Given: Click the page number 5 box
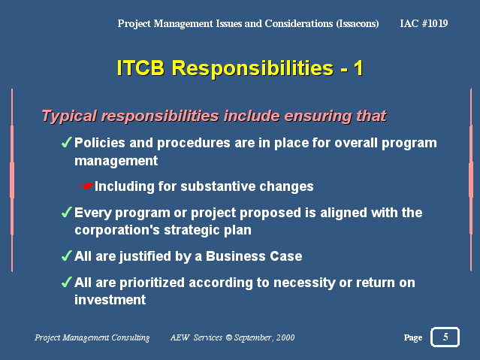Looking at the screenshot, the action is (x=445, y=337).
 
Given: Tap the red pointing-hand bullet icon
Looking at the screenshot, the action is (x=88, y=186).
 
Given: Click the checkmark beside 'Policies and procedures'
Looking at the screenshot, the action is (x=66, y=143).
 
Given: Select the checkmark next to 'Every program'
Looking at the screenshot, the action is (x=66, y=212).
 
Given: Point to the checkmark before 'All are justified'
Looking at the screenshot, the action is (x=66, y=256).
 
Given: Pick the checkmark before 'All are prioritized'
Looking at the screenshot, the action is (x=66, y=282).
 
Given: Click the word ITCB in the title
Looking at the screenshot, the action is (x=140, y=68).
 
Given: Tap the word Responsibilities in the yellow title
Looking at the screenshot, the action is (x=252, y=68).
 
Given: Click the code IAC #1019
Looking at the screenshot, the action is (x=424, y=23).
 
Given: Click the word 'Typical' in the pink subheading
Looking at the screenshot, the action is (x=69, y=116).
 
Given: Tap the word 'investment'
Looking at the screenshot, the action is (x=110, y=299).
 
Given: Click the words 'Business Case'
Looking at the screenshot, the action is (x=254, y=256).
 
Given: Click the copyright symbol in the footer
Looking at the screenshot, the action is (x=228, y=337).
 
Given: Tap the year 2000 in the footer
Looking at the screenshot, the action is (x=285, y=337).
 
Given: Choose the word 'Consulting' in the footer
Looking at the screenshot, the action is (x=131, y=337).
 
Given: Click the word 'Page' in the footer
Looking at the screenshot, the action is (x=413, y=337).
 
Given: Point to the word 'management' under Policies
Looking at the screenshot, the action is (x=116, y=161).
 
